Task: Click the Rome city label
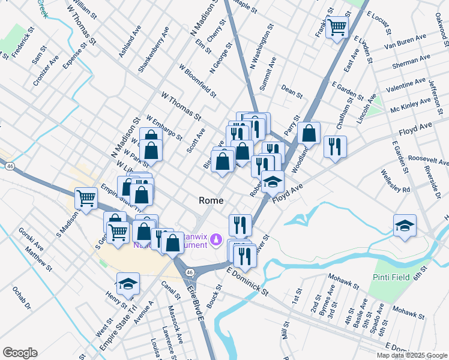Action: click(x=212, y=200)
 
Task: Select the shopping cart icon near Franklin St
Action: click(x=337, y=26)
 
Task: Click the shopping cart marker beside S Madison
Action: click(x=86, y=197)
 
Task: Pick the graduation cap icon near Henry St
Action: click(x=127, y=283)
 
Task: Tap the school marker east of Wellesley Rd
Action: click(x=405, y=226)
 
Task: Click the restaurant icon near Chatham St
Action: click(x=334, y=146)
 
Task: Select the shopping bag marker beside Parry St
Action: click(x=309, y=133)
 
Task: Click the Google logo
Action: click(x=20, y=353)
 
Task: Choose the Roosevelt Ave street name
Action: click(x=428, y=161)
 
